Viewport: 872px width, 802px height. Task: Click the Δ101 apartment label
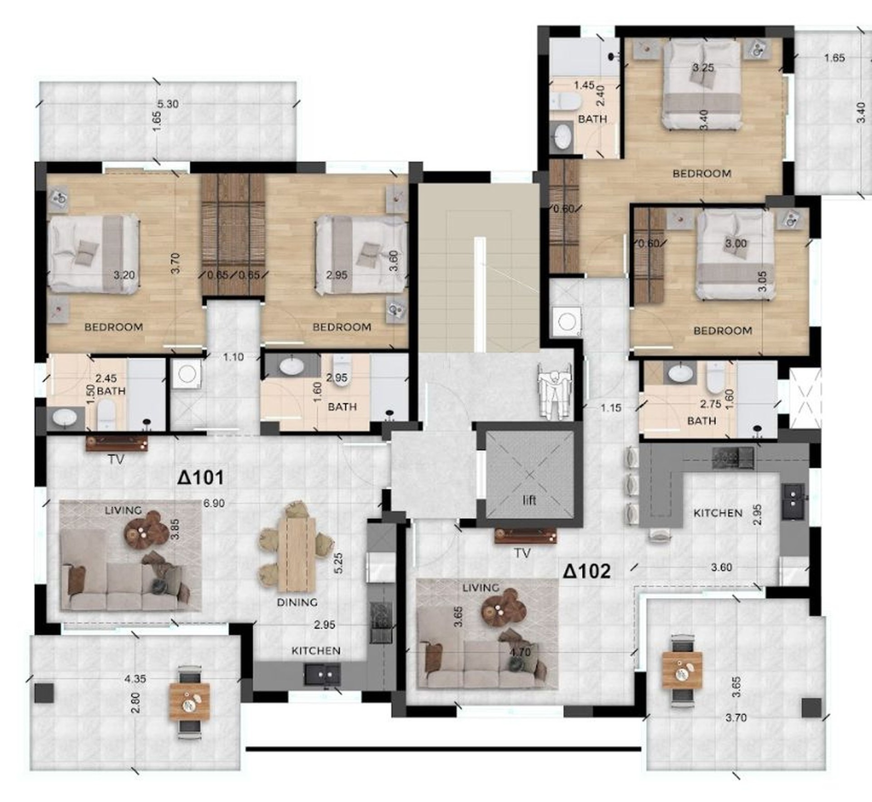[x=201, y=478]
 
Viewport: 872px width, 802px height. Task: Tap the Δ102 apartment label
[x=587, y=572]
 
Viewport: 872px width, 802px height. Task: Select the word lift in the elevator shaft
[x=530, y=500]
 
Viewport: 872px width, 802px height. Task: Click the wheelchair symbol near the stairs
[x=553, y=389]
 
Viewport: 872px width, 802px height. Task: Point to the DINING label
[x=297, y=603]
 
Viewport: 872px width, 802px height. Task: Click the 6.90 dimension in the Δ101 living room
[x=214, y=503]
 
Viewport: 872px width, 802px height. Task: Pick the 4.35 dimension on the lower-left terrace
[x=135, y=679]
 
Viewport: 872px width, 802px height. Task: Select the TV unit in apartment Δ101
[x=117, y=443]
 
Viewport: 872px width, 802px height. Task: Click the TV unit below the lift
[x=525, y=536]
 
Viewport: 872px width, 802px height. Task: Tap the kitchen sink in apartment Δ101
[x=322, y=674]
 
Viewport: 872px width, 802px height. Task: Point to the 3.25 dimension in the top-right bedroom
[x=703, y=68]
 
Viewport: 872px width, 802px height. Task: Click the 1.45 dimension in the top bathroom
[x=584, y=85]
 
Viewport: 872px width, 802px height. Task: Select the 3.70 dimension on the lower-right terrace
[x=736, y=718]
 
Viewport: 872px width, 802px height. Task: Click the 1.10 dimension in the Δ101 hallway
[x=233, y=357]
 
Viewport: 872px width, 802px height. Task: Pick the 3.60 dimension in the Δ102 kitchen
[x=722, y=568]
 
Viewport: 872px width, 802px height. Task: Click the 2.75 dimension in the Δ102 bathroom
[x=711, y=404]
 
